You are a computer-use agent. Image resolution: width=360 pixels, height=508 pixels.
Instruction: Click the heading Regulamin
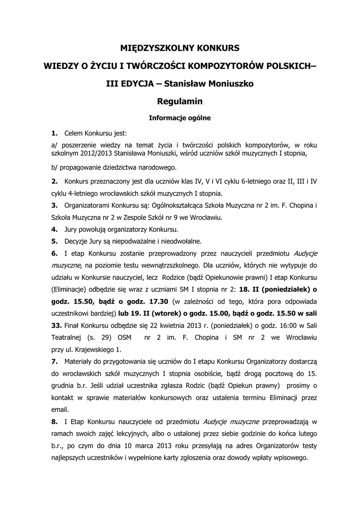180,102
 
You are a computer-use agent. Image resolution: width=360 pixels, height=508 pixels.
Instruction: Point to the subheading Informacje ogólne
180,118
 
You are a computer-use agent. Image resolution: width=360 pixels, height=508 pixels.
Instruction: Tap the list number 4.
54,230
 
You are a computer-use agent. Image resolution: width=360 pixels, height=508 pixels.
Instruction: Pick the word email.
60,410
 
